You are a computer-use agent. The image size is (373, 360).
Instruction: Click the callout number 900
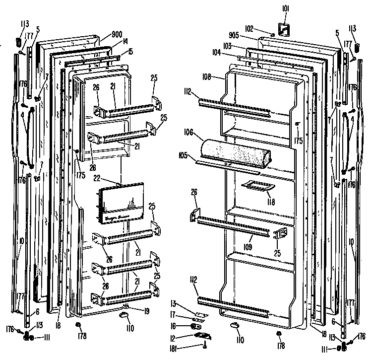point(117,34)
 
